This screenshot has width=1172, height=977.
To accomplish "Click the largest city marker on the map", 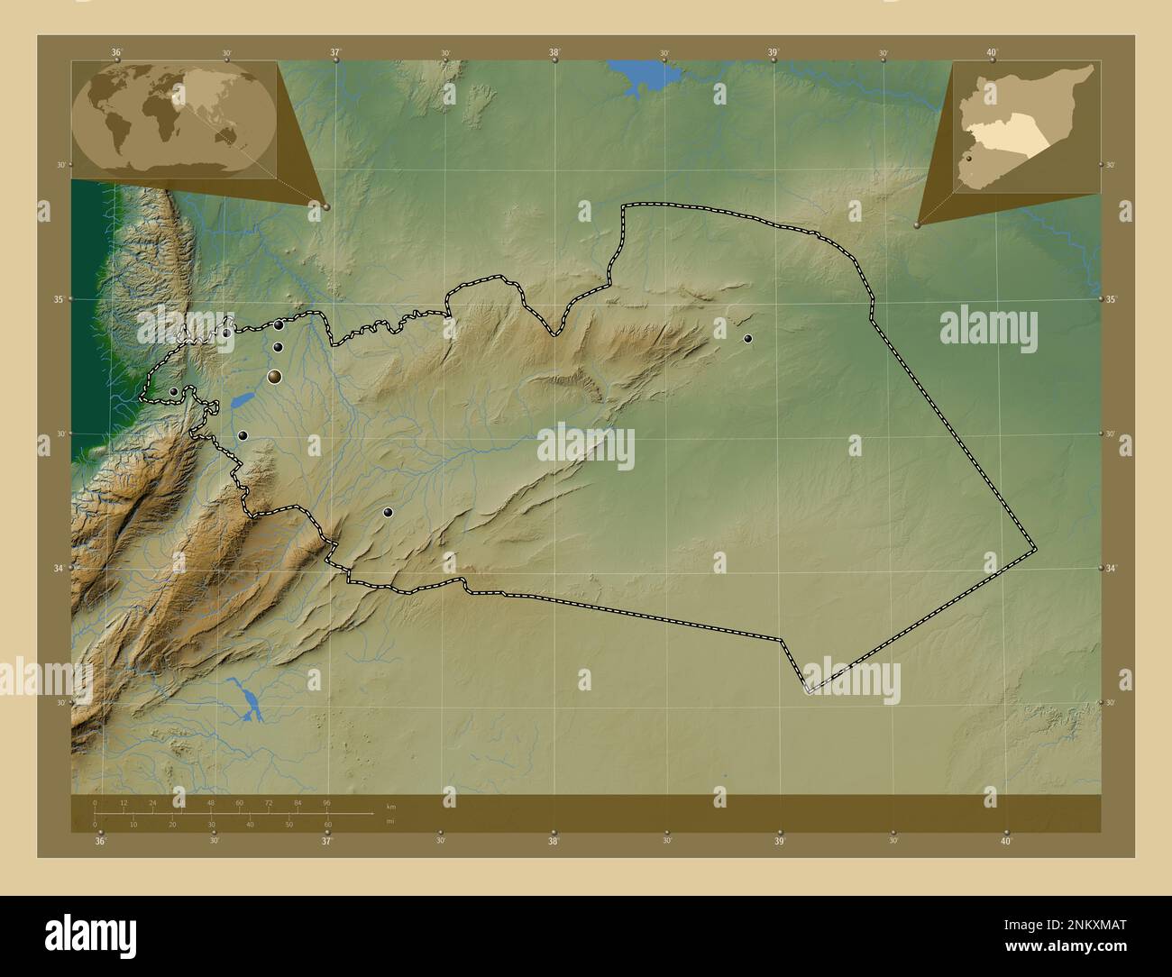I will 274,377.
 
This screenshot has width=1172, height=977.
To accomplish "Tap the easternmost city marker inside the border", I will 747,339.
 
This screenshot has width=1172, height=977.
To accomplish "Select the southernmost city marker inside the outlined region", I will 388,512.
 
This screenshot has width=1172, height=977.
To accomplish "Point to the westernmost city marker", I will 173,391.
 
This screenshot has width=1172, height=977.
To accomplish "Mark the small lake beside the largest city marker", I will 242,400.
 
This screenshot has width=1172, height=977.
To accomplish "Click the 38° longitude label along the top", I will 554,52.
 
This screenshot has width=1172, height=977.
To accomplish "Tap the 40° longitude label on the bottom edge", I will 1006,841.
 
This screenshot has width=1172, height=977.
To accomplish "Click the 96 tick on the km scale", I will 326,802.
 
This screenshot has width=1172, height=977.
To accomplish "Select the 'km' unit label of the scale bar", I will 390,806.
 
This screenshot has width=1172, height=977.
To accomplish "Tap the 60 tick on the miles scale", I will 327,824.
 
